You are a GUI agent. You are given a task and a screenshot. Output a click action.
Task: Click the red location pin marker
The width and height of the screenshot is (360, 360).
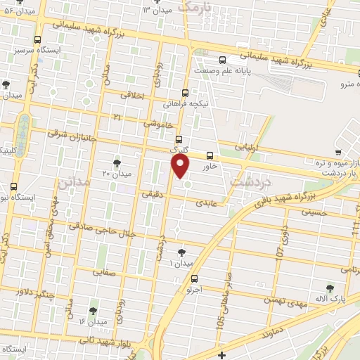[181, 166]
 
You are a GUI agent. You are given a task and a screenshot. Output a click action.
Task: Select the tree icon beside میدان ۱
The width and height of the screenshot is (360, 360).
[182, 252]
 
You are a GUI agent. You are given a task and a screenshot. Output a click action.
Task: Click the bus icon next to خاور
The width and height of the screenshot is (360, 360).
[210, 155]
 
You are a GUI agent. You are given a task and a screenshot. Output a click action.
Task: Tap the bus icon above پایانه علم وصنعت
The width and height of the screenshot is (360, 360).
[222, 60]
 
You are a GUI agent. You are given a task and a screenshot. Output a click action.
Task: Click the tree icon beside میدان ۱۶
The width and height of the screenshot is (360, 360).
[93, 310]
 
